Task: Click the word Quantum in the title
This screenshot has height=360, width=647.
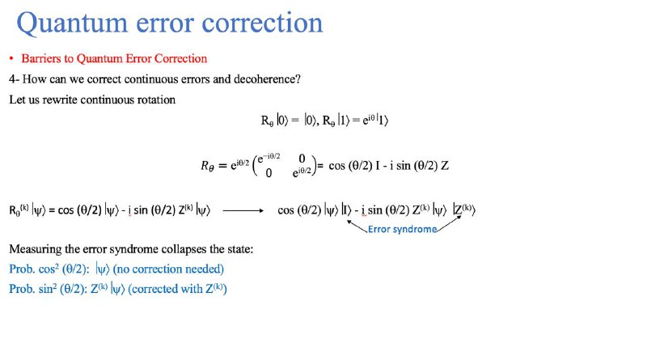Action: [72, 23]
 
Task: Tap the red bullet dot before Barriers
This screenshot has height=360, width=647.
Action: [11, 58]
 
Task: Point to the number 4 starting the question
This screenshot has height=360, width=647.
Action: [12, 78]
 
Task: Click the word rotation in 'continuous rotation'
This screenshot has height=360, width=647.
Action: [159, 100]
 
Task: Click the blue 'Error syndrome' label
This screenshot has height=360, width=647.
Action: [402, 229]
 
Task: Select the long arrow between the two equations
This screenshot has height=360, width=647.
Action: [243, 210]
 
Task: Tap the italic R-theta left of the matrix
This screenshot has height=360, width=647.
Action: [207, 166]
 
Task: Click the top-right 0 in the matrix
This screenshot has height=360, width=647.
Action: [302, 158]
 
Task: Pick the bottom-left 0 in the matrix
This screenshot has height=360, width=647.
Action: [269, 173]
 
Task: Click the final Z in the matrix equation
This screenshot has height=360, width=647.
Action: [444, 166]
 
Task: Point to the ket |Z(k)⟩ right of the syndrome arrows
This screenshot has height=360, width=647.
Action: [464, 210]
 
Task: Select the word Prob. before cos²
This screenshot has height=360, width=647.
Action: [22, 269]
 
